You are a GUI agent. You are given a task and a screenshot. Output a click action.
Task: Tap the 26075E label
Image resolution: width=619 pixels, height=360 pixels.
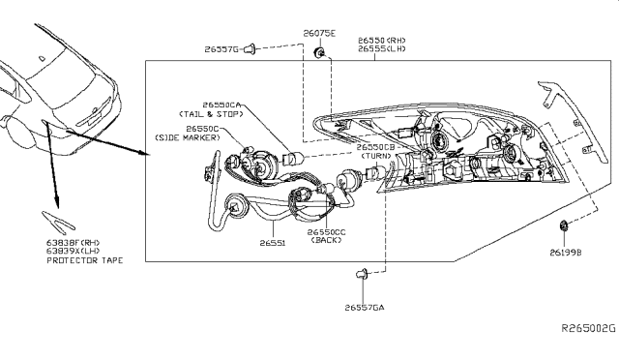[318, 32]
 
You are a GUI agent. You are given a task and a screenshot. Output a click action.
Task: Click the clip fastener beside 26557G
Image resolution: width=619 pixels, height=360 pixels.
[251, 45]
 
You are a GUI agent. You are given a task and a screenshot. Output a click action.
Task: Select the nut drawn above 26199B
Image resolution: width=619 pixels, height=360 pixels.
[564, 227]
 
